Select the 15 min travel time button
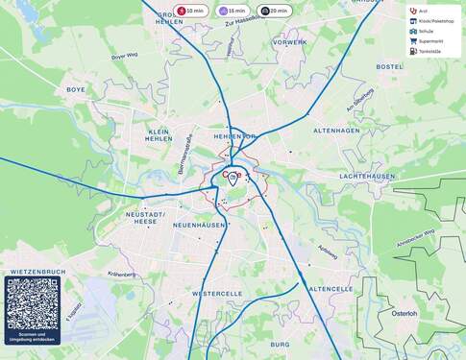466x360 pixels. (x=233, y=11)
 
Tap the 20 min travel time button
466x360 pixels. (x=274, y=11)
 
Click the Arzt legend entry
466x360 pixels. (x=422, y=12)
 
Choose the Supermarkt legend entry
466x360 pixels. (x=429, y=41)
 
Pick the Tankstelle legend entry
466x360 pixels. (x=428, y=51)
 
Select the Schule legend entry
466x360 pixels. (x=425, y=32)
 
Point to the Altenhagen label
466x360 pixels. (x=335, y=130)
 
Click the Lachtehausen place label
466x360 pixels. (x=367, y=177)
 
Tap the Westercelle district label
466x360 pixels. (x=216, y=293)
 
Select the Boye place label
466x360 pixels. (x=76, y=89)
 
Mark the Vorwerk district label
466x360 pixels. (x=289, y=42)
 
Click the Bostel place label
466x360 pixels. (x=389, y=66)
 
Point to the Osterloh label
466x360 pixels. (x=405, y=313)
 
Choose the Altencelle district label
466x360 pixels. (x=331, y=288)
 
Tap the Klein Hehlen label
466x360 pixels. (x=159, y=134)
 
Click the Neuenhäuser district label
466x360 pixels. (x=198, y=225)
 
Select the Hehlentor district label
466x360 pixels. (x=234, y=136)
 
